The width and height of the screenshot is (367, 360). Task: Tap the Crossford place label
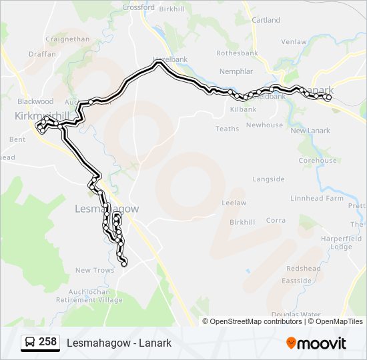coord(138,8)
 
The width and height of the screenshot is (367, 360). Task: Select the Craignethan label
coord(67,39)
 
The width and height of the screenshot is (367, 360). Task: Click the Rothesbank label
coord(237,53)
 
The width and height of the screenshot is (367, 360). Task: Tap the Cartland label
coord(266,20)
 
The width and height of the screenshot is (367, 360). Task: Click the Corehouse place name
coord(318,161)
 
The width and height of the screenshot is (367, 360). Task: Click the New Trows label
coord(95,270)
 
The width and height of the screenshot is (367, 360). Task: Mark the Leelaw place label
coord(234,203)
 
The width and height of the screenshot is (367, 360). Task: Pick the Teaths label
coord(227,129)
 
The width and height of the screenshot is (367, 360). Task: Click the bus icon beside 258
coord(30,343)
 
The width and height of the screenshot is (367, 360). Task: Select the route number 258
coord(47,342)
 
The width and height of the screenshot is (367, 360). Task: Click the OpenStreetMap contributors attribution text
coord(256,321)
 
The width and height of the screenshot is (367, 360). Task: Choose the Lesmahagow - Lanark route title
coord(119,343)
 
